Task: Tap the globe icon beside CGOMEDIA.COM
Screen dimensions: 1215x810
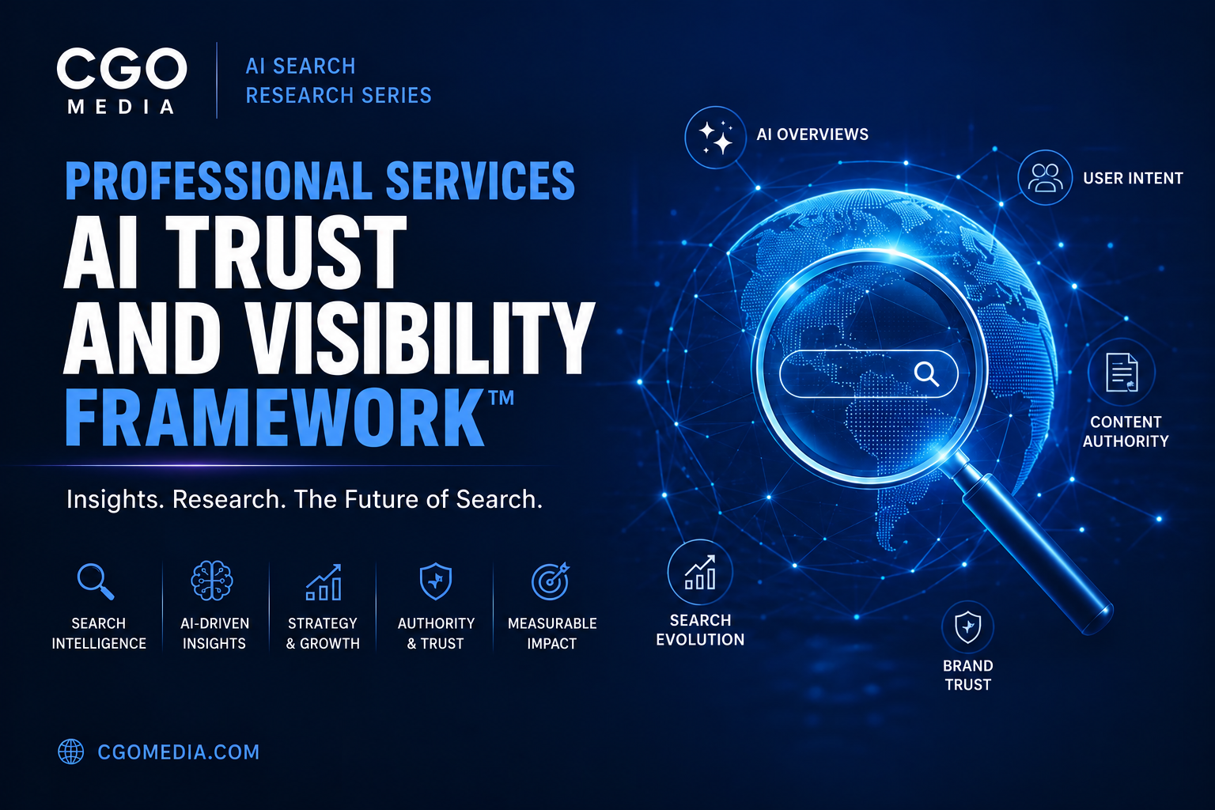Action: pyautogui.click(x=71, y=751)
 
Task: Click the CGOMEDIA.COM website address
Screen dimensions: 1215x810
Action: pyautogui.click(x=179, y=752)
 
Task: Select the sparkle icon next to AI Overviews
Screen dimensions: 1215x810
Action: pyautogui.click(x=716, y=138)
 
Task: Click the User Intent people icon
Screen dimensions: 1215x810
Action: pyautogui.click(x=1045, y=177)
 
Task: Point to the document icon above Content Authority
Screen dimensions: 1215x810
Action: pyautogui.click(x=1122, y=373)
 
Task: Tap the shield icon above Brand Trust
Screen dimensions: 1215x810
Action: pyautogui.click(x=967, y=627)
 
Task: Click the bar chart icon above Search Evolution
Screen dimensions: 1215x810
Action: pyautogui.click(x=700, y=573)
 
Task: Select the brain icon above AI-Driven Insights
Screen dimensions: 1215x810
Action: pyautogui.click(x=212, y=581)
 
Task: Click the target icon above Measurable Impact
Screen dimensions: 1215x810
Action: pyautogui.click(x=550, y=581)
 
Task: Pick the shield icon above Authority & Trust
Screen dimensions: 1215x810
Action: pyautogui.click(x=436, y=581)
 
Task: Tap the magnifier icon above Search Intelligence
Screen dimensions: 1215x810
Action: pyautogui.click(x=96, y=581)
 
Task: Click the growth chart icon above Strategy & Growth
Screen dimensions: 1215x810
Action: pyautogui.click(x=324, y=581)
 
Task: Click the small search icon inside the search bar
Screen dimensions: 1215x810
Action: pyautogui.click(x=926, y=374)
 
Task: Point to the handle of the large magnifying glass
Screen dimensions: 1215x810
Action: pyautogui.click(x=1031, y=543)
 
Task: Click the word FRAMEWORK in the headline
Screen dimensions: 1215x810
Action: pyautogui.click(x=274, y=418)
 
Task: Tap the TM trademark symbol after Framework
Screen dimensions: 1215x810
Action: pyautogui.click(x=502, y=398)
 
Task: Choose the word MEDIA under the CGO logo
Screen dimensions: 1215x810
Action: pyautogui.click(x=121, y=107)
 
